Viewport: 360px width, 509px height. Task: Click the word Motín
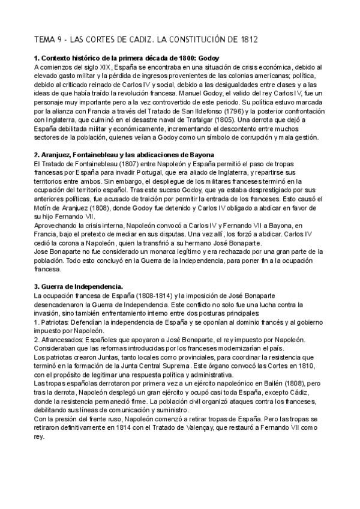click(x=44, y=199)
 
